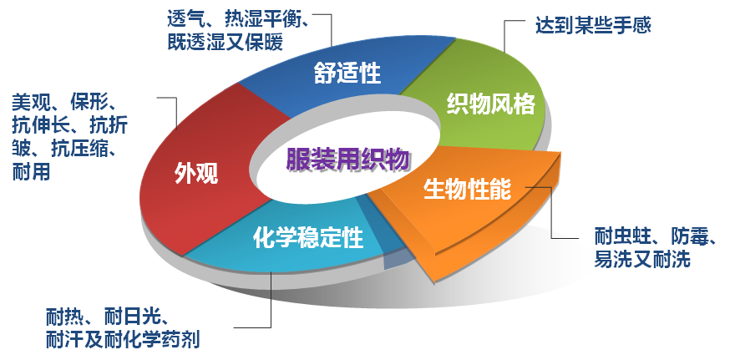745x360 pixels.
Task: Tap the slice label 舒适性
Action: click(347, 74)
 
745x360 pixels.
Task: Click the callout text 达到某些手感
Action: click(593, 25)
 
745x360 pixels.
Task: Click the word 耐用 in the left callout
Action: click(31, 173)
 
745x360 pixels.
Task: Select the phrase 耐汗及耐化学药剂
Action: click(124, 340)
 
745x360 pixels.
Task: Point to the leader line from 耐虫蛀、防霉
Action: click(551, 213)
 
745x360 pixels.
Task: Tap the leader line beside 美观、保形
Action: click(177, 117)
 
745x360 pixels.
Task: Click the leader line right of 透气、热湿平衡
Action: click(332, 29)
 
